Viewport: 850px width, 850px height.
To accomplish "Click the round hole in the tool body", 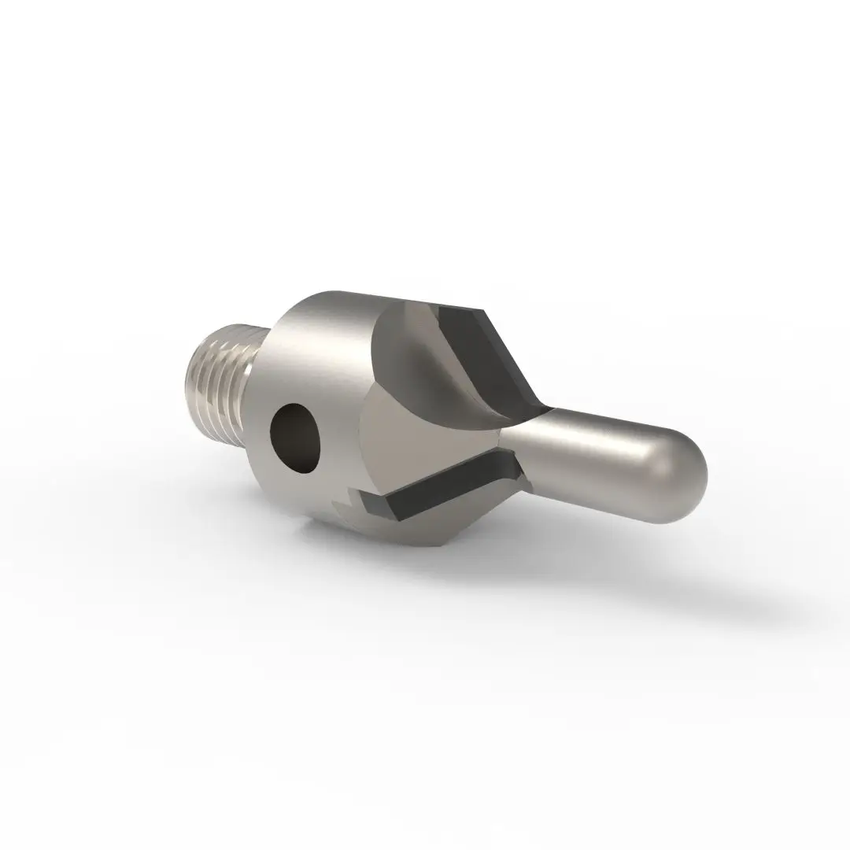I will coord(296,438).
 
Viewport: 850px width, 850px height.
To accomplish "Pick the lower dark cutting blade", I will coord(441,488).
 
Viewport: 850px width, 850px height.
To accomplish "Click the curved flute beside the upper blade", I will coord(409,346).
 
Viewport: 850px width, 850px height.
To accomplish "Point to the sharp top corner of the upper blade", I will coord(482,310).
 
